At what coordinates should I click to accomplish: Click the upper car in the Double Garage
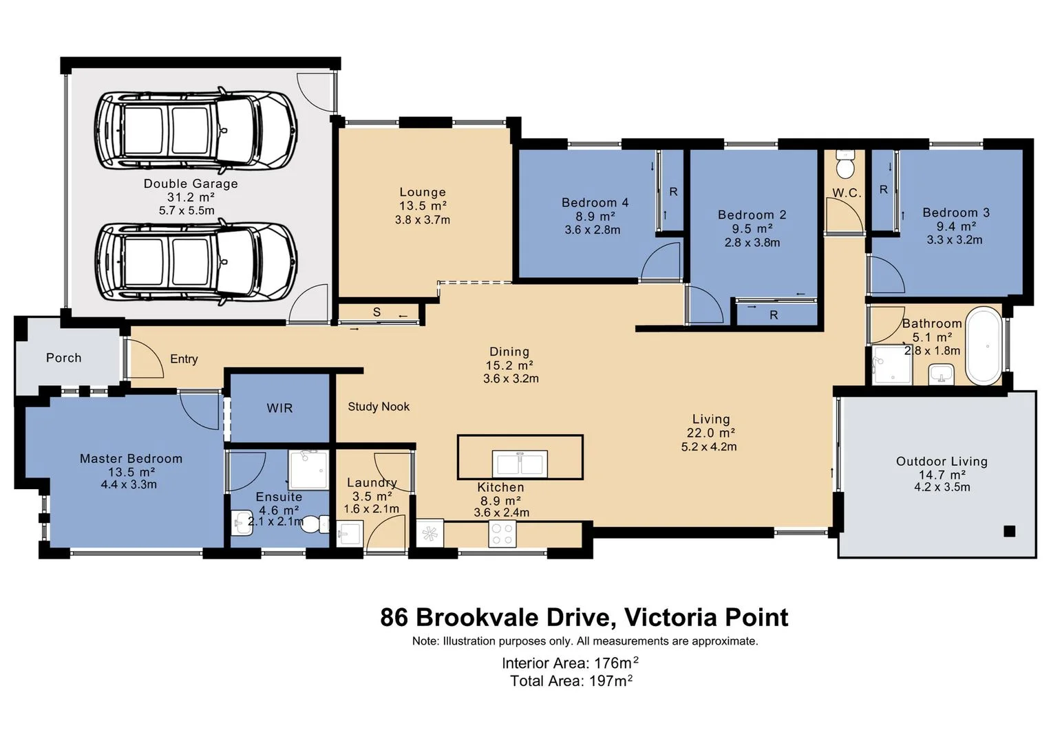click(196, 131)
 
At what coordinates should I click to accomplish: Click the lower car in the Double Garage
click(196, 261)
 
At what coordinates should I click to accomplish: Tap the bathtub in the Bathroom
click(984, 345)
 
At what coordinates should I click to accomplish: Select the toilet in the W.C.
click(845, 165)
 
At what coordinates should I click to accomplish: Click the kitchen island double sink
click(520, 463)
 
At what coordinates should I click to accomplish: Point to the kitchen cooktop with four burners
click(502, 534)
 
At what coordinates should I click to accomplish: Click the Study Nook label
click(379, 407)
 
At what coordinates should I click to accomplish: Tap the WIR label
click(279, 408)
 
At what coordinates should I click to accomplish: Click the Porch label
click(63, 358)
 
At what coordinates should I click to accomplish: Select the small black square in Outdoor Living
click(1009, 531)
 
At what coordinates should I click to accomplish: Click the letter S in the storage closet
click(376, 312)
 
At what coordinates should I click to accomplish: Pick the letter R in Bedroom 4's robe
click(673, 192)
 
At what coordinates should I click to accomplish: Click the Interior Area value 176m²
click(616, 663)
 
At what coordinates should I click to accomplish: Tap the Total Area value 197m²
click(611, 681)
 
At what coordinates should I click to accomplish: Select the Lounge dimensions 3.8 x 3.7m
click(422, 220)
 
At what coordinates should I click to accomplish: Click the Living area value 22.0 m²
click(710, 433)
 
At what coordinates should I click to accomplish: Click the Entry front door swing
click(146, 359)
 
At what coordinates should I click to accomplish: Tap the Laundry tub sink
click(350, 533)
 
